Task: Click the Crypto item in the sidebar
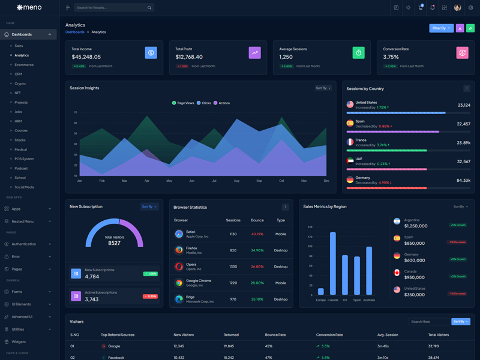click(x=20, y=83)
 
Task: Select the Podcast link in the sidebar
click(x=21, y=168)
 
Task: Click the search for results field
click(x=111, y=8)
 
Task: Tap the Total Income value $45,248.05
click(x=86, y=57)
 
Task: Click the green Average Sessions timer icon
click(x=358, y=53)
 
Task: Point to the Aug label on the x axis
click(x=236, y=181)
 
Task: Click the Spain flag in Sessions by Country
click(x=350, y=123)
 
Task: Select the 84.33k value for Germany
click(x=463, y=180)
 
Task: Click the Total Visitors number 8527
click(x=114, y=243)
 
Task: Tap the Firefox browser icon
click(x=179, y=250)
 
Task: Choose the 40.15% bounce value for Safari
click(x=257, y=234)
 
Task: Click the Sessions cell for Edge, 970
click(x=233, y=299)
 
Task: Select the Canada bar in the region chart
click(x=333, y=264)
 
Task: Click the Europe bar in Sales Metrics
click(x=321, y=292)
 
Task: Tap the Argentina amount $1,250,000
click(x=416, y=226)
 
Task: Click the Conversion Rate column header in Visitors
click(x=329, y=335)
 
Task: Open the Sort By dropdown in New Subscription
click(x=149, y=206)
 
